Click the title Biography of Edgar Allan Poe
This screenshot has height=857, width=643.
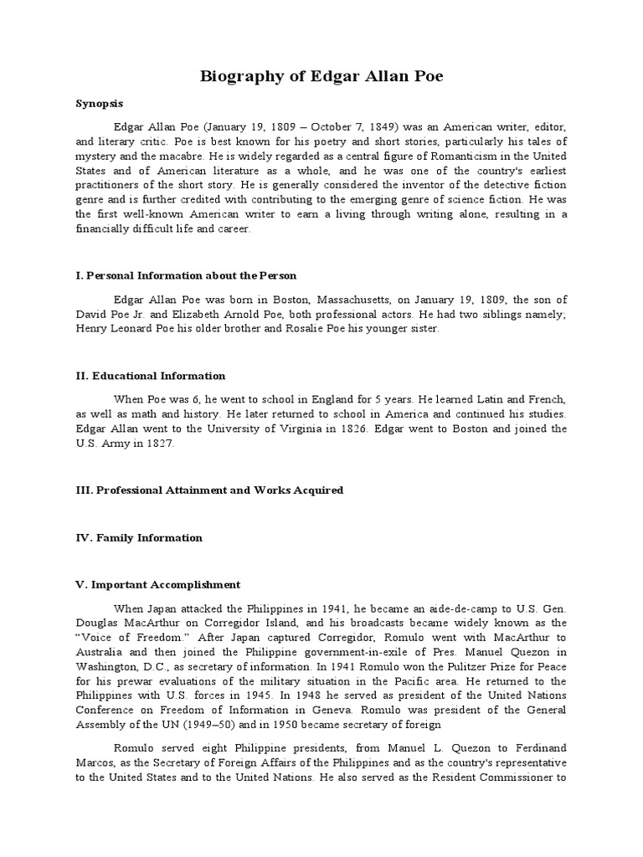321,77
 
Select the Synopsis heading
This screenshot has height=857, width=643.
99,104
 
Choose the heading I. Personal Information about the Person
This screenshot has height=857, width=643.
186,275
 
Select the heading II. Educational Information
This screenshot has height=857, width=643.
150,376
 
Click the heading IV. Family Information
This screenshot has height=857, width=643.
138,538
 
